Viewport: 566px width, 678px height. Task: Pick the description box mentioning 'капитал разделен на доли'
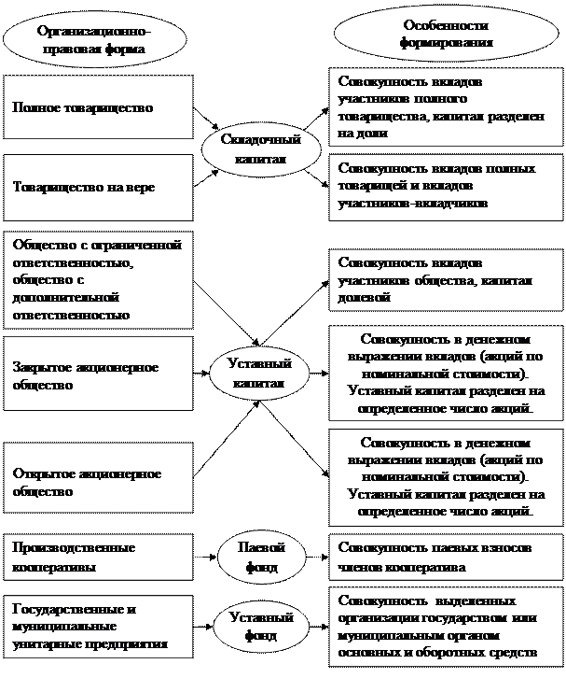tap(445, 107)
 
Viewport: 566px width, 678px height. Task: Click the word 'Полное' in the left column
tap(35, 108)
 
